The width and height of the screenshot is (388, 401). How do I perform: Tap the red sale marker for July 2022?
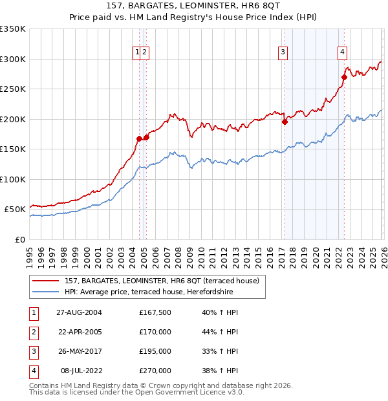[x=344, y=77]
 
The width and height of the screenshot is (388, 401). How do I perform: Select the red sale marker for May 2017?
[x=285, y=121]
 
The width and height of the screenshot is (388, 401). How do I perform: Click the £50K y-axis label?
[x=15, y=210]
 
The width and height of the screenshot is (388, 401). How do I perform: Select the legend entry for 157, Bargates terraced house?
[x=162, y=281]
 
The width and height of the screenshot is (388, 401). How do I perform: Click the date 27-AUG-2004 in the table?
[x=79, y=312]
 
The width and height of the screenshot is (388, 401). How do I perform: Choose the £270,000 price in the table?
[x=155, y=371]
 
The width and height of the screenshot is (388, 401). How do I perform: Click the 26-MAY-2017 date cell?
[x=79, y=351]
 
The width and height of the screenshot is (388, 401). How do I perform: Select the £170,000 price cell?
[x=155, y=332]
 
